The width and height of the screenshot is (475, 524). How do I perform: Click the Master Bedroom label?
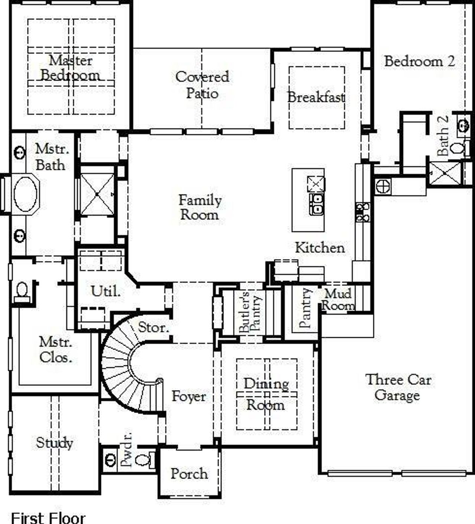point(70,67)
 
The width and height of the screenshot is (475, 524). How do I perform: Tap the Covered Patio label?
point(202,85)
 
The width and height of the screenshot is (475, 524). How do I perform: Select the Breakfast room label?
point(316,97)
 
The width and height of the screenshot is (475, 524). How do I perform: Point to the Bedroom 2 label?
point(419,61)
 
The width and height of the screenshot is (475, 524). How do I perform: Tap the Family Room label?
point(200,207)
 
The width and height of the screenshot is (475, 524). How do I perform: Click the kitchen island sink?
point(316,204)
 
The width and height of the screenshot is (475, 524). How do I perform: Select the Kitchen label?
point(320,248)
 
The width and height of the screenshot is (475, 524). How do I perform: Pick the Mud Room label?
point(338,300)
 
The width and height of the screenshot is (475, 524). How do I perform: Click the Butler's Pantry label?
point(249,312)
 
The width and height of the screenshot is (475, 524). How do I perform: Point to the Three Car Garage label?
point(398,387)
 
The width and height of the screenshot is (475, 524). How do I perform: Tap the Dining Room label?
point(266,394)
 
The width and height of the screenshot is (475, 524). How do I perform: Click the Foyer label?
point(189,396)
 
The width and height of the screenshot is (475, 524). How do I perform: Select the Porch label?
point(189,474)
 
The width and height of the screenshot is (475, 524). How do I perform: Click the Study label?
point(54,442)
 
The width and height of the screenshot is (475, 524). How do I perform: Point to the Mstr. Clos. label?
point(56,349)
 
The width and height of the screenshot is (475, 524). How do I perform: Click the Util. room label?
point(106,291)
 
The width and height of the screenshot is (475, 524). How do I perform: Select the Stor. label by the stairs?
point(153,327)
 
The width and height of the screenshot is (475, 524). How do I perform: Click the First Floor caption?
point(48,518)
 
